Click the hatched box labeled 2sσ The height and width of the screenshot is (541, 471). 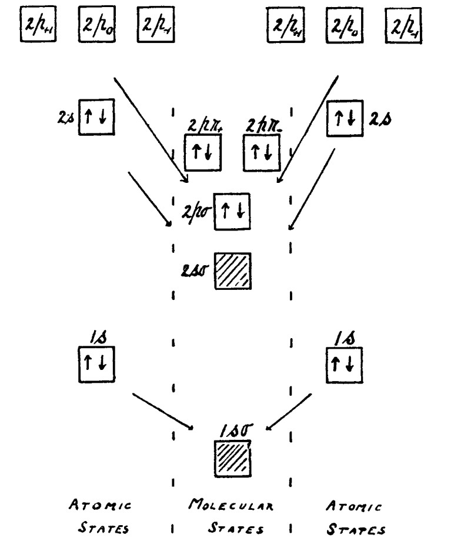(x=233, y=270)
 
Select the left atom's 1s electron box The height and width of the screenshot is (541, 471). (x=96, y=363)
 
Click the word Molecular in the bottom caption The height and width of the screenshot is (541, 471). (x=231, y=503)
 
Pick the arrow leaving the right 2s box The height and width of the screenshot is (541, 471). (x=312, y=188)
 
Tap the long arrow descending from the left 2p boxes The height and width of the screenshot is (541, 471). (x=151, y=129)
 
